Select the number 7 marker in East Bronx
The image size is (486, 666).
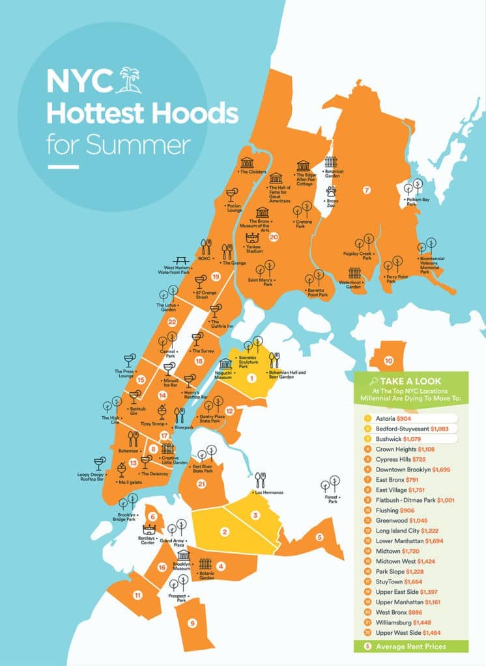pos(367,190)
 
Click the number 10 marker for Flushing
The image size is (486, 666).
pos(388,360)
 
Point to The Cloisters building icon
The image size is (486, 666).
pos(247,162)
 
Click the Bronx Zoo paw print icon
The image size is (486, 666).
pos(332,192)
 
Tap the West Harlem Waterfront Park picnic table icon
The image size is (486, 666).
pos(181,261)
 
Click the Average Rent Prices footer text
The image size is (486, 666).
pos(410,646)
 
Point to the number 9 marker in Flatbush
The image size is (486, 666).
pos(192,623)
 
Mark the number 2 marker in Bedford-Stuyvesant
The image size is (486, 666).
pos(224,533)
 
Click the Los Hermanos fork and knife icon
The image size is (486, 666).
pos(260,479)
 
